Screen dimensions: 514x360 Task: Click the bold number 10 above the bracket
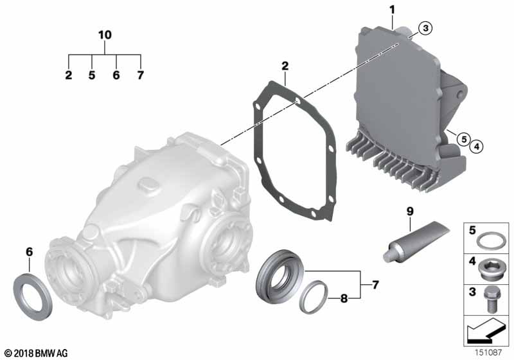tap(105, 35)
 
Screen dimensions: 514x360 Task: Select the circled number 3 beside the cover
tap(425, 28)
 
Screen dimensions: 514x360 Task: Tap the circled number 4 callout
tap(477, 146)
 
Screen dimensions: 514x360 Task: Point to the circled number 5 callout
tap(464, 139)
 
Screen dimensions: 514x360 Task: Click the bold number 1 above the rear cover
tap(392, 10)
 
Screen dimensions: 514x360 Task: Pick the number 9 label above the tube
tap(410, 212)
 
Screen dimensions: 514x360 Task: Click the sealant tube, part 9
tap(416, 242)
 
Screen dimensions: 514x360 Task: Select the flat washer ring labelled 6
tap(33, 292)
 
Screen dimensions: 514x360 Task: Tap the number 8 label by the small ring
tap(344, 298)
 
